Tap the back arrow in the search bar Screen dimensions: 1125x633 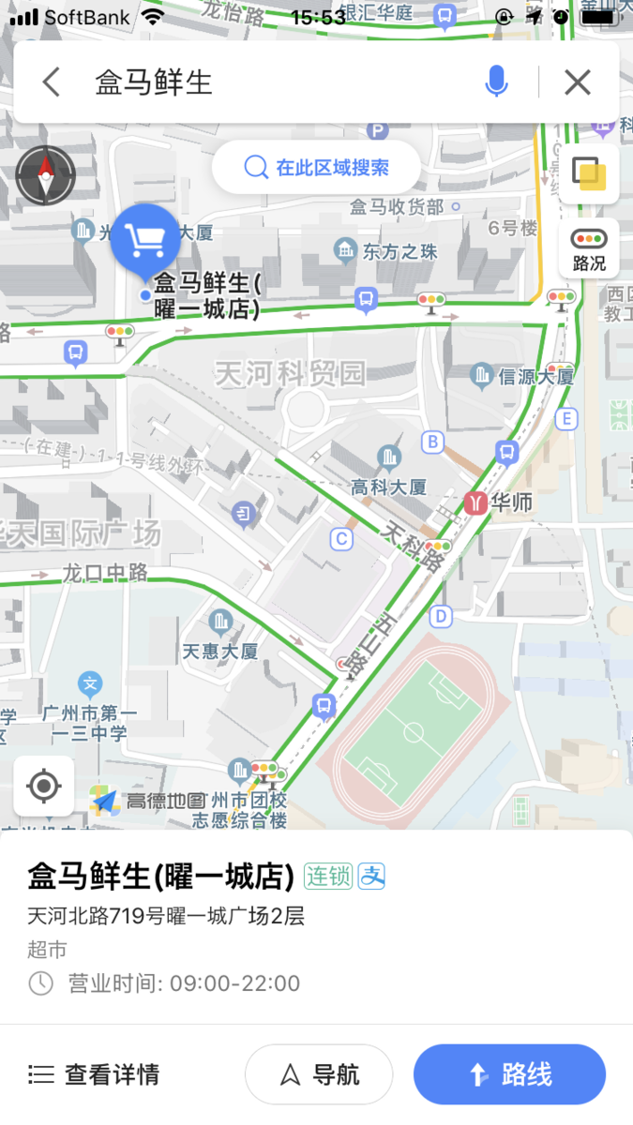pos(52,82)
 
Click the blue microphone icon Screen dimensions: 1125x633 pos(496,82)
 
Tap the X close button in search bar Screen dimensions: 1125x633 pos(578,82)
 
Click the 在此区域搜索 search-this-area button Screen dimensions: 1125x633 pos(316,168)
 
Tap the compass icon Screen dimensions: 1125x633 pos(45,175)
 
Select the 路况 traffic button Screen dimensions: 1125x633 pos(589,248)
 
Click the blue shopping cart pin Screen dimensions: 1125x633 pos(145,241)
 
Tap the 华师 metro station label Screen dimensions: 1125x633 pos(511,502)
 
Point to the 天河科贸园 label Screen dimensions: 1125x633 pos(289,374)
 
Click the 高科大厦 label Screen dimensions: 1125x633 pos(388,487)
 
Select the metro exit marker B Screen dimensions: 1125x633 pos(432,442)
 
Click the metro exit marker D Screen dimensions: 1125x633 pos(441,616)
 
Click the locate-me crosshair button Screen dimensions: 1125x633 pos(44,786)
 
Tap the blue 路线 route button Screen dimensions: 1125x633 pos(509,1074)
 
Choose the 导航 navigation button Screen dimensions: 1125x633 pos(319,1074)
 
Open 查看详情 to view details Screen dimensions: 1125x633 pos(94,1074)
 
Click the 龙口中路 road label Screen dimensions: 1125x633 pos(105,572)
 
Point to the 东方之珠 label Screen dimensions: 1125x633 pos(400,251)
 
